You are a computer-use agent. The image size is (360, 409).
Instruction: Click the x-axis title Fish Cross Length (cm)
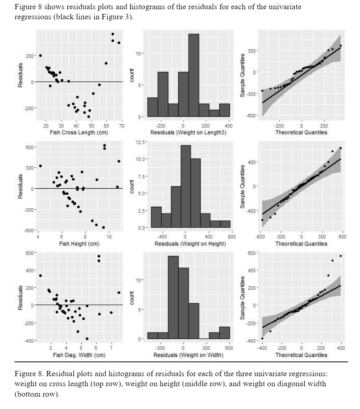coord(78,133)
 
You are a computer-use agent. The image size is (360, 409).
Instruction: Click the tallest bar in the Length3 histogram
coord(193,75)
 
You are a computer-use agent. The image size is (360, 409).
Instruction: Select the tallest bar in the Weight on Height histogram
coord(185,186)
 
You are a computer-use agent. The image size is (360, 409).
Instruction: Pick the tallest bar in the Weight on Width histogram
coord(173,297)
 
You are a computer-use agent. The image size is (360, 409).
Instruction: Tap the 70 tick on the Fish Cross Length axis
coord(122,126)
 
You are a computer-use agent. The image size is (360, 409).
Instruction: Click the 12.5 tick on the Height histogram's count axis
coord(137,142)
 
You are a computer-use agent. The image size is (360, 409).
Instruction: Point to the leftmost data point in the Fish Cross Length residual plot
coord(40,56)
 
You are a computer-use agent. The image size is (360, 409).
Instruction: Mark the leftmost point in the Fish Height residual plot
coord(40,166)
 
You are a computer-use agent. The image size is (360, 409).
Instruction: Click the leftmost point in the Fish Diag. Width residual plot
coord(40,276)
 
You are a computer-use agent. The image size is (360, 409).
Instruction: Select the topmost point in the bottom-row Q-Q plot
coord(340,256)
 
